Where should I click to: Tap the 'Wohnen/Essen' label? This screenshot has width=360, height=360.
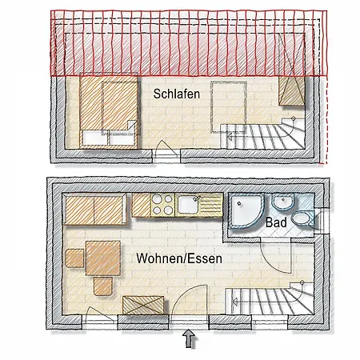tap(178, 259)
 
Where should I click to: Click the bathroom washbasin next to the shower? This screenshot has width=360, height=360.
tap(282, 205)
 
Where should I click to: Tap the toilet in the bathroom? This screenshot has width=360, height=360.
tap(302, 218)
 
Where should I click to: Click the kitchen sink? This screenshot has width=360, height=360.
tap(190, 205)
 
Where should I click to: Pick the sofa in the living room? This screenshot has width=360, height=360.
tap(94, 210)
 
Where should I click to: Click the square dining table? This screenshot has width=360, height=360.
tap(100, 258)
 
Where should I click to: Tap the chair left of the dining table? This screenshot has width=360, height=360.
tap(74, 257)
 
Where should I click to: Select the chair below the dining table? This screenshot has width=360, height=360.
tap(103, 284)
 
